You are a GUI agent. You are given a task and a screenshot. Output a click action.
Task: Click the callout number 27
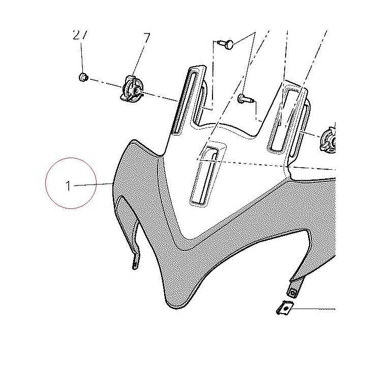[80, 35]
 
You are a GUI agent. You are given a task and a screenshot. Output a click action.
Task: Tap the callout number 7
[146, 38]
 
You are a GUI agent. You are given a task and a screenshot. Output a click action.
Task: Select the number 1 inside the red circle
[68, 186]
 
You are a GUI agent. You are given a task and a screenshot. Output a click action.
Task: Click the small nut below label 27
[83, 77]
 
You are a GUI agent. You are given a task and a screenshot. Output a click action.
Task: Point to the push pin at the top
[226, 44]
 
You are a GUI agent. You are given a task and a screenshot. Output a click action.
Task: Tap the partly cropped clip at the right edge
[328, 141]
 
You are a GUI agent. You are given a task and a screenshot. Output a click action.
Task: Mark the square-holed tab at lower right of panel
[293, 292]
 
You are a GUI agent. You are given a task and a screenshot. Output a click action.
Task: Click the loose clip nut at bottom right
[285, 308]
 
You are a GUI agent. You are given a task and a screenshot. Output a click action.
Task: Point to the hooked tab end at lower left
[136, 263]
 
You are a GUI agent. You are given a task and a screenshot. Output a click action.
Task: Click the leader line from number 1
[94, 185]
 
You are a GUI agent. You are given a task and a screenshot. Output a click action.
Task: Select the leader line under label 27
[82, 57]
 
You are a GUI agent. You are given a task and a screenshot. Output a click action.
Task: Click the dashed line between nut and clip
[106, 83]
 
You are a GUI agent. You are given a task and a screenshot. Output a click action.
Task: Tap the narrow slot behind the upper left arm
[201, 102]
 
